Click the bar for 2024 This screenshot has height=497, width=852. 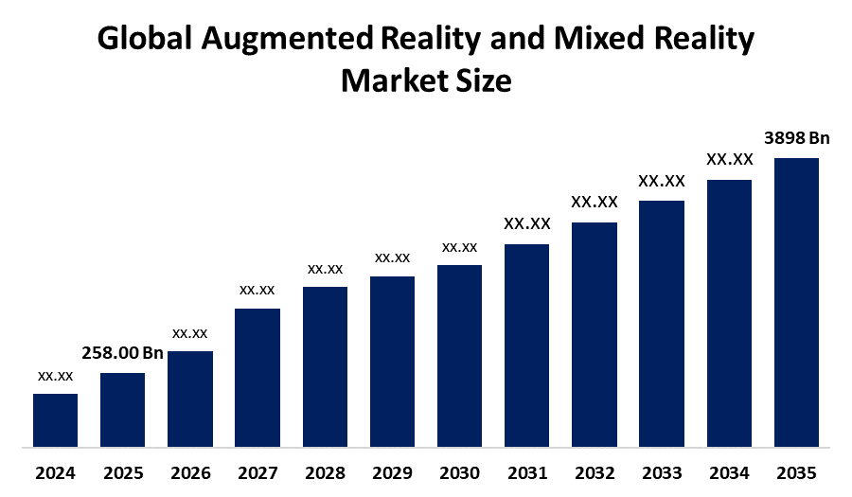click(55, 419)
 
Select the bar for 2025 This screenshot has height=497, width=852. click(122, 409)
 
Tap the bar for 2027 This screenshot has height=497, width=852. click(257, 377)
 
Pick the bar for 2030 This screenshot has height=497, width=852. click(459, 355)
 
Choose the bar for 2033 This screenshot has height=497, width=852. click(661, 323)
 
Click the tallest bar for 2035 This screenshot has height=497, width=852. click(796, 301)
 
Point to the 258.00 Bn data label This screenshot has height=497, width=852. click(122, 354)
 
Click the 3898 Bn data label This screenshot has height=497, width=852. click(796, 138)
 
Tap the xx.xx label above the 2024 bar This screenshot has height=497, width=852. click(55, 376)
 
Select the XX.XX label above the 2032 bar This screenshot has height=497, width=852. click(594, 202)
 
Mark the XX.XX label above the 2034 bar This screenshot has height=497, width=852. click(729, 159)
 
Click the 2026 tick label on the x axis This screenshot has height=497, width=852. click(189, 472)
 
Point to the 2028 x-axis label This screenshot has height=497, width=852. click(325, 472)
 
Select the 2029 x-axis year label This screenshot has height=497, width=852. click(392, 472)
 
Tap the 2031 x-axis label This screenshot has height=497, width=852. click(526, 472)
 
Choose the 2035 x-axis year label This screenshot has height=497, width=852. click(796, 472)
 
